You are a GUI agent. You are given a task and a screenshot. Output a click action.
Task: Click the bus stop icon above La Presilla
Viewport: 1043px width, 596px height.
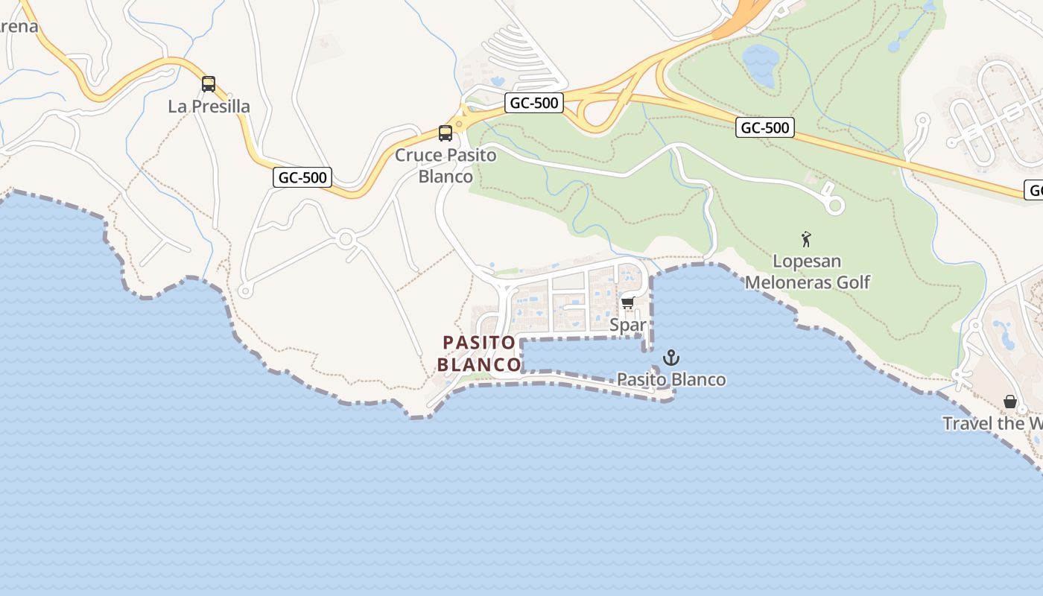click(209, 84)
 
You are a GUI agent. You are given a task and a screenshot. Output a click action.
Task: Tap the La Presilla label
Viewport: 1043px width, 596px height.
click(209, 107)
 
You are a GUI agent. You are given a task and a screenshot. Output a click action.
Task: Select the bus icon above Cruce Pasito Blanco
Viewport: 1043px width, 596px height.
click(446, 133)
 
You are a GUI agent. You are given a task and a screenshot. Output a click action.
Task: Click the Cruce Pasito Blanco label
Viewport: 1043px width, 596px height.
click(446, 165)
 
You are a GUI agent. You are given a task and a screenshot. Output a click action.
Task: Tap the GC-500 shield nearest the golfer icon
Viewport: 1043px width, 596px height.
click(765, 127)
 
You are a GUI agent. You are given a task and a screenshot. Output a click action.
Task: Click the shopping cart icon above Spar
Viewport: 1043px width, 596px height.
click(627, 302)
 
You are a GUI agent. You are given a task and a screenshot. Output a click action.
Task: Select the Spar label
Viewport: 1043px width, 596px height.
click(628, 325)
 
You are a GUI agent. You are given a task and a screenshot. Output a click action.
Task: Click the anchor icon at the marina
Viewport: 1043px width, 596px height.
click(671, 358)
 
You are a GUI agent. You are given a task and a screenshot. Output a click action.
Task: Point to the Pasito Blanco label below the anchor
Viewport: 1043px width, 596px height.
click(671, 379)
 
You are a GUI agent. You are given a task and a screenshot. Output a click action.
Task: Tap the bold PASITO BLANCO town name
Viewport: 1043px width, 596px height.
click(479, 353)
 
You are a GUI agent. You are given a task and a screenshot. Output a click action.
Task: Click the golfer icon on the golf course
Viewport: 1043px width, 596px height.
click(806, 239)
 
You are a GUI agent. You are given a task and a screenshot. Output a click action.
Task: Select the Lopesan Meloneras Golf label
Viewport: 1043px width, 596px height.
click(807, 272)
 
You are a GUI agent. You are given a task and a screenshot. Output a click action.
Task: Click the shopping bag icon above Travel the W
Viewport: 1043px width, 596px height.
click(1010, 402)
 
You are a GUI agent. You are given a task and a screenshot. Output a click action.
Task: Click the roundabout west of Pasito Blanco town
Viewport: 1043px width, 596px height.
click(345, 239)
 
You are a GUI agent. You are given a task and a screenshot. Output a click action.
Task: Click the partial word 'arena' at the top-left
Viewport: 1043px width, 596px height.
click(19, 27)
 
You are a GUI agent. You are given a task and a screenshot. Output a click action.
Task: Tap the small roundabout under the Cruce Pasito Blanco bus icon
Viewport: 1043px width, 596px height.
click(460, 124)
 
